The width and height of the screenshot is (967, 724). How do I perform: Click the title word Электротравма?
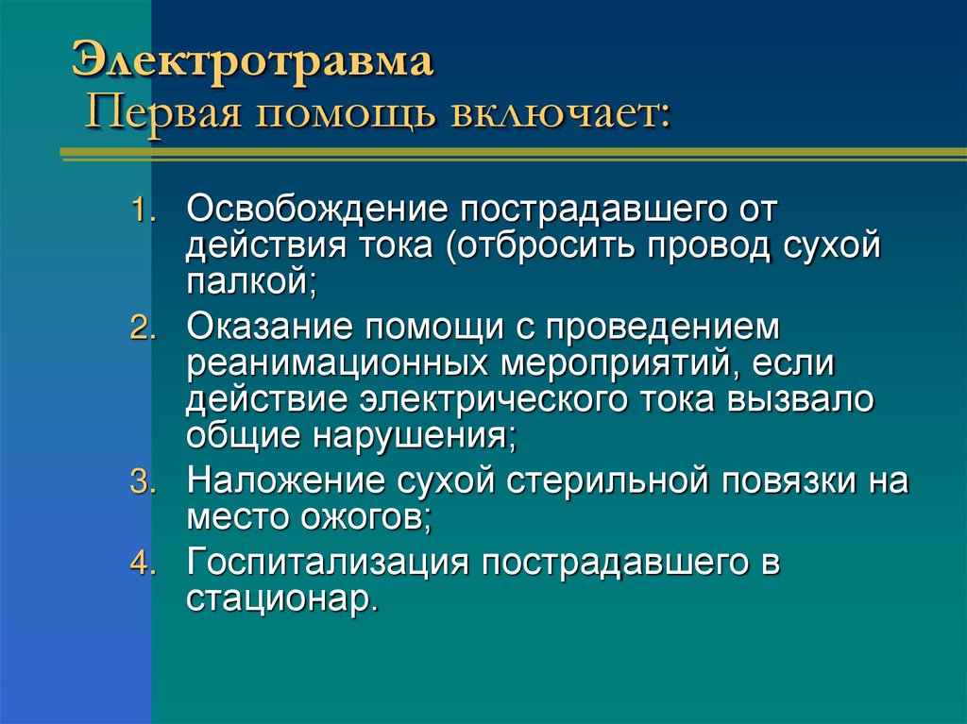[x=254, y=64]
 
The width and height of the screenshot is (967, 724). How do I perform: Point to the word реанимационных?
[x=336, y=363]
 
